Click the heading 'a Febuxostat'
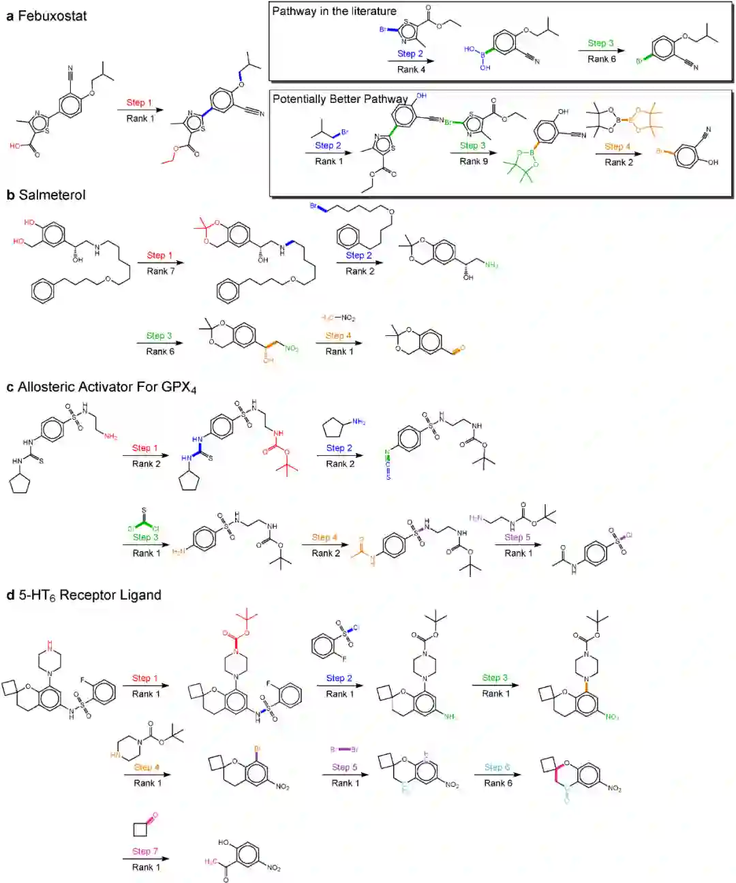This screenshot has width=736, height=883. tap(46, 16)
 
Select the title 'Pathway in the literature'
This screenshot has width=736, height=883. tap(334, 11)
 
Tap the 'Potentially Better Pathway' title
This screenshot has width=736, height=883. tap(340, 99)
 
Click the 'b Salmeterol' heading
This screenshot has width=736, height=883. tap(46, 195)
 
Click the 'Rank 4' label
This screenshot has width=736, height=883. tap(411, 69)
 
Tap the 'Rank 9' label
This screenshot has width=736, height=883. tap(473, 161)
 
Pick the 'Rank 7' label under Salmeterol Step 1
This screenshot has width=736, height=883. tap(160, 271)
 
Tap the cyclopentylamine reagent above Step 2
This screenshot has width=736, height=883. tap(341, 427)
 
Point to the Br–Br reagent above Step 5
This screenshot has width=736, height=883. tap(344, 749)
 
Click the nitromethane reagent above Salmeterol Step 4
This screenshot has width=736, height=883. tap(339, 318)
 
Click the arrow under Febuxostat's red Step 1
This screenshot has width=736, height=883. tap(140, 110)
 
